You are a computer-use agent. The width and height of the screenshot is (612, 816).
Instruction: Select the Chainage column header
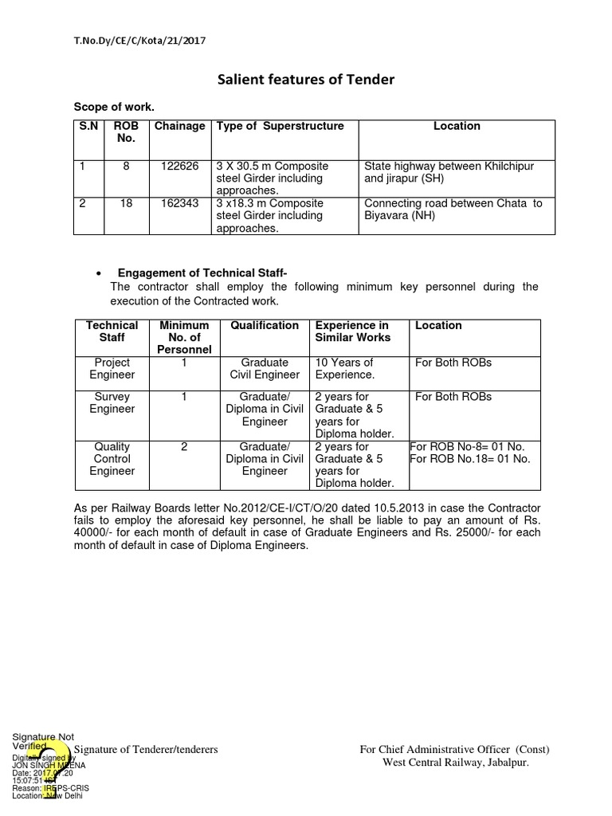click(x=179, y=126)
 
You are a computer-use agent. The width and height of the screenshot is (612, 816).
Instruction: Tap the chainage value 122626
click(x=179, y=166)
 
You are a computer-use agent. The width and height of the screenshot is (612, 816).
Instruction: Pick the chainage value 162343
click(x=179, y=203)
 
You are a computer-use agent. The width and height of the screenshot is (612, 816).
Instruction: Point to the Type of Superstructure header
click(x=280, y=126)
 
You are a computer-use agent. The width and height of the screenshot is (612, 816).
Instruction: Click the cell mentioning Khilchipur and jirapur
click(x=449, y=172)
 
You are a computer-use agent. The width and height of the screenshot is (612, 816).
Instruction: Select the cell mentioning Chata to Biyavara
click(x=453, y=209)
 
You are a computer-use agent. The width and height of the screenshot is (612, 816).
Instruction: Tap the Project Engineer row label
click(x=112, y=368)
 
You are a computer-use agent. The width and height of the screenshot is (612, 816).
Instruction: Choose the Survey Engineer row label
click(x=112, y=402)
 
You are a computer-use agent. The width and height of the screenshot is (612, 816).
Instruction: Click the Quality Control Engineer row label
click(x=112, y=459)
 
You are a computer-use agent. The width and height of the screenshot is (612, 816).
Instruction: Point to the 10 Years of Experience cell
click(x=345, y=368)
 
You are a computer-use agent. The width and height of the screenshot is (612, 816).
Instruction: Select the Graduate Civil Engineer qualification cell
click(x=265, y=368)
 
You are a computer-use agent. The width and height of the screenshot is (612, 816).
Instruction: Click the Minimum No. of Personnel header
click(x=184, y=337)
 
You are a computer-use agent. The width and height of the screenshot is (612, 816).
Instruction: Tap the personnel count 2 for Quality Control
click(x=184, y=447)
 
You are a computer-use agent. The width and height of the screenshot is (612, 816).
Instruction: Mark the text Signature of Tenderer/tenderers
click(x=146, y=750)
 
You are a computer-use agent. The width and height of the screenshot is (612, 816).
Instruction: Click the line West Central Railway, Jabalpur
click(x=456, y=763)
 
